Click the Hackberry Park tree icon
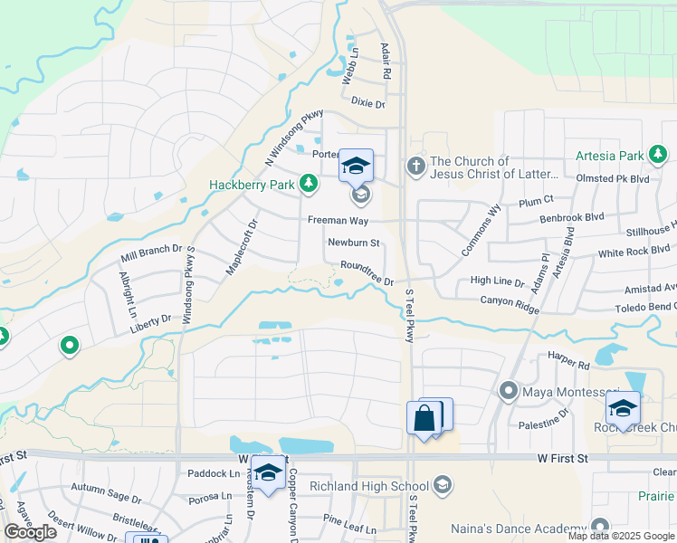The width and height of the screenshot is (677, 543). [310, 185]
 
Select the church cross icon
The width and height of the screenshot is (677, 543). [415, 166]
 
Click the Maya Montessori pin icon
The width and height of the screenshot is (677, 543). [509, 391]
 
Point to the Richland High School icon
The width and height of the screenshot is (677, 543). [442, 487]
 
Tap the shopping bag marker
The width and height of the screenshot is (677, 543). [424, 418]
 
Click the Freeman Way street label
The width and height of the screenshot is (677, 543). [338, 219]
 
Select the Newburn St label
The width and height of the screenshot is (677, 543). [353, 243]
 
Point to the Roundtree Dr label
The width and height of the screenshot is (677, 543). [367, 273]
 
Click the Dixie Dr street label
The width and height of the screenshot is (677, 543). [367, 104]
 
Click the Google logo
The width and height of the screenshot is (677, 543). [30, 532]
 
